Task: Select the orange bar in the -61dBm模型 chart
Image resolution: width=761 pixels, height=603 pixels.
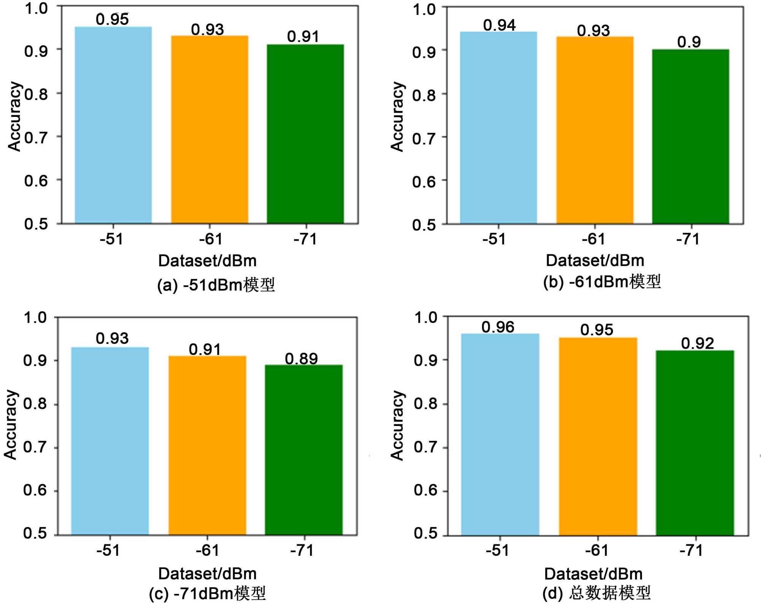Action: click(595, 130)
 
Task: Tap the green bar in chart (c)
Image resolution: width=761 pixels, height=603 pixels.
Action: click(304, 450)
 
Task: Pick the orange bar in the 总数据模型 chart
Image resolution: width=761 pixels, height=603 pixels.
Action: click(598, 436)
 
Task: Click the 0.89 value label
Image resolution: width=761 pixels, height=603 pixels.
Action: click(301, 359)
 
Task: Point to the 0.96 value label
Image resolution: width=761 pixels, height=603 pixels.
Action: click(498, 327)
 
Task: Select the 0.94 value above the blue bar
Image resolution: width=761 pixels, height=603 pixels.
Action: click(499, 26)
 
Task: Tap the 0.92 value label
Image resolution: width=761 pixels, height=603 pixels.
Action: click(697, 343)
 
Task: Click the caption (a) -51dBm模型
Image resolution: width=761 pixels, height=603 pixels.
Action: click(216, 285)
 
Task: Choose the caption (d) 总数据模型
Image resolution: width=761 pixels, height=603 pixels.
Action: click(596, 593)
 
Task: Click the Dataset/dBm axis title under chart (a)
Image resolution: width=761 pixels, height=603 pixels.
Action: click(207, 261)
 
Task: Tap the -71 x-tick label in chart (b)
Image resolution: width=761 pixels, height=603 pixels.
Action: click(688, 239)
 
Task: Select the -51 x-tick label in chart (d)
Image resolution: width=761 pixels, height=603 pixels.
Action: click(497, 550)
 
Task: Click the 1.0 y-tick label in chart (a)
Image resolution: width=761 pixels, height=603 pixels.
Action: click(36, 8)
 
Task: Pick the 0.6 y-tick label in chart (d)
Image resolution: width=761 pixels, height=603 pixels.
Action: click(425, 490)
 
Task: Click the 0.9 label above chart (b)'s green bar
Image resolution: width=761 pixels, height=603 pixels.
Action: click(689, 42)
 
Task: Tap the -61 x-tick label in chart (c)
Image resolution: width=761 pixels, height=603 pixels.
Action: click(207, 550)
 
